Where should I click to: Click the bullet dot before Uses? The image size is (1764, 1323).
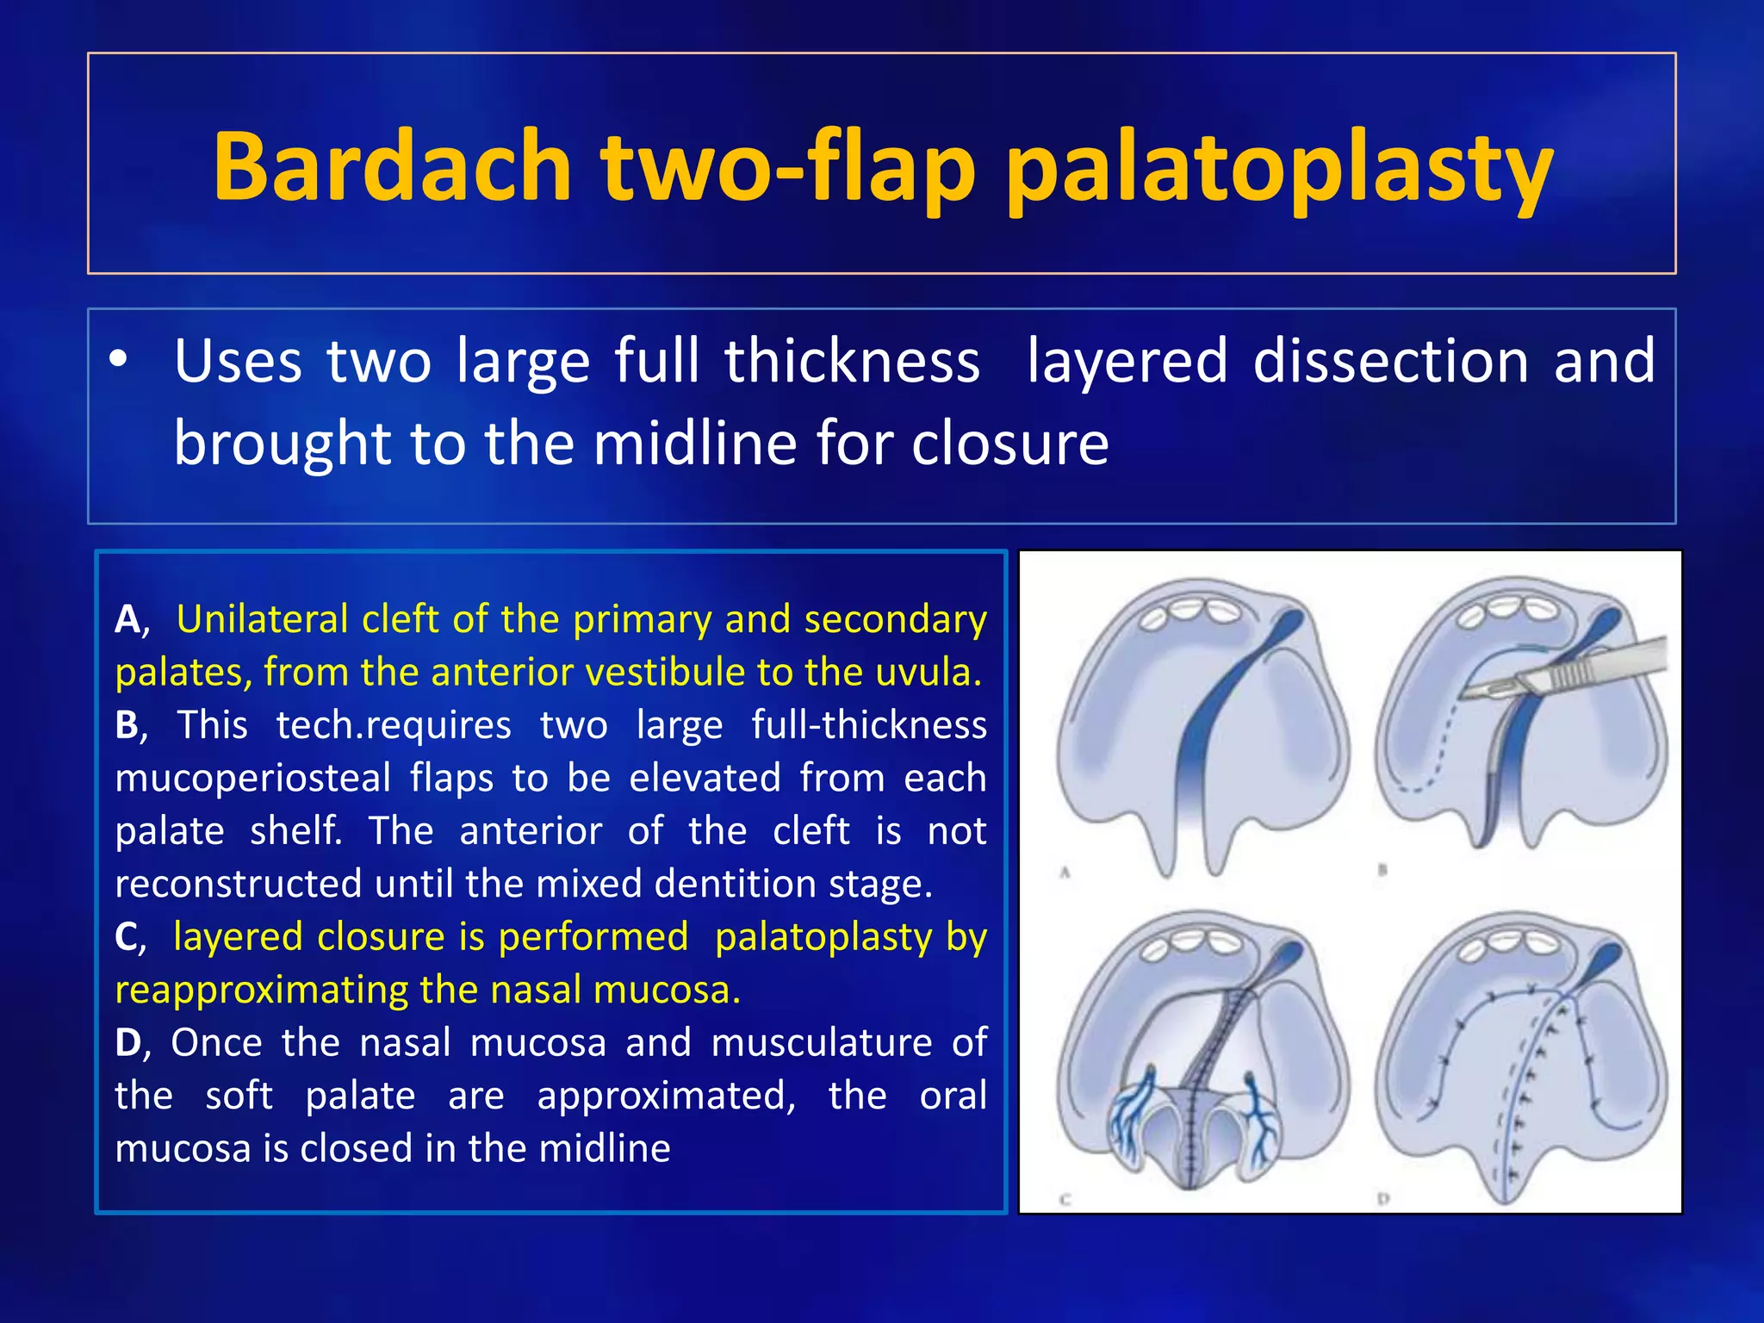(119, 360)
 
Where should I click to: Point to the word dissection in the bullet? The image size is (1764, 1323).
(1390, 360)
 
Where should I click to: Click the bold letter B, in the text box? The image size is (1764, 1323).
(130, 725)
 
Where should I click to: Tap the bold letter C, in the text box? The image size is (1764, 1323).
(130, 937)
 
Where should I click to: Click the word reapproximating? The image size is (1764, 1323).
(293, 991)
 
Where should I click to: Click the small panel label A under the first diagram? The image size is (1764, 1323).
(1065, 873)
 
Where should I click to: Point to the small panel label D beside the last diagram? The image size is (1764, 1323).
(1383, 1198)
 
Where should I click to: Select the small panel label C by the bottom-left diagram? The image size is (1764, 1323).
(1065, 1199)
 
